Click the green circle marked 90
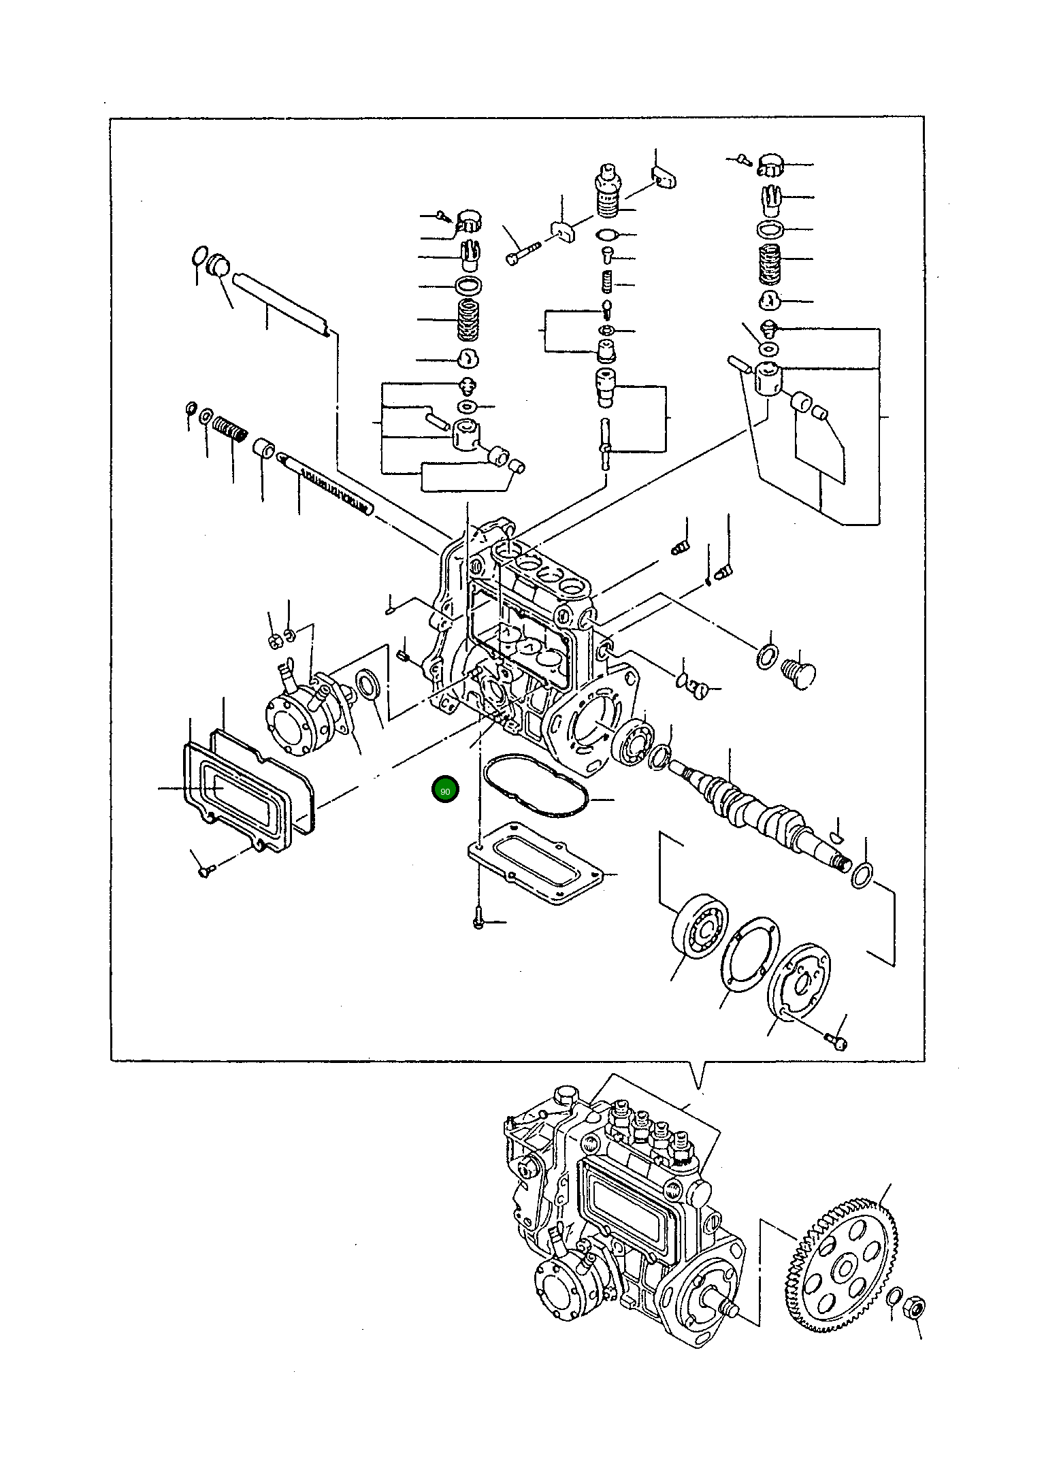445,790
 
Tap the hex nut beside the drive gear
914,1306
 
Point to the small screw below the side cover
204,870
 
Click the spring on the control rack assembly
230,429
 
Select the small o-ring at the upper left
199,257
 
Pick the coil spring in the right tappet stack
769,264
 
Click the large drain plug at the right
799,674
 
